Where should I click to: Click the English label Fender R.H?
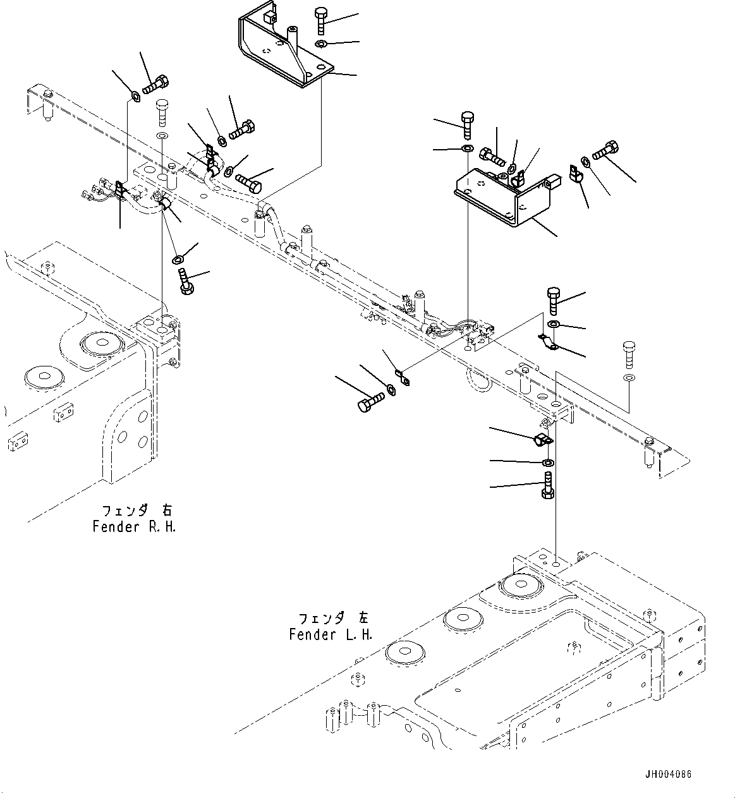pyautogui.click(x=134, y=526)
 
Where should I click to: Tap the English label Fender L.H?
pyautogui.click(x=331, y=634)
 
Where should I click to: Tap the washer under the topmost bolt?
pyautogui.click(x=320, y=44)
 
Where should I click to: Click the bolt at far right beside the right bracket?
pyautogui.click(x=607, y=149)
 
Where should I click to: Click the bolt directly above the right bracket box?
pyautogui.click(x=467, y=124)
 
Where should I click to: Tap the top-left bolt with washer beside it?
pyautogui.click(x=156, y=84)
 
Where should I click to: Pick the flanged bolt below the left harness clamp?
pyautogui.click(x=186, y=281)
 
